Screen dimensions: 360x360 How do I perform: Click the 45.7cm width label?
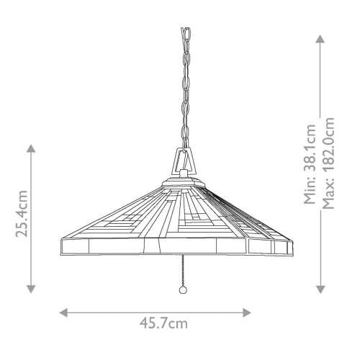[155, 323]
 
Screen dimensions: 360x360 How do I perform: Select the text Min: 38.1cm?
[310, 163]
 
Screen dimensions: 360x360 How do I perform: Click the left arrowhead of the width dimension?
[63, 312]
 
